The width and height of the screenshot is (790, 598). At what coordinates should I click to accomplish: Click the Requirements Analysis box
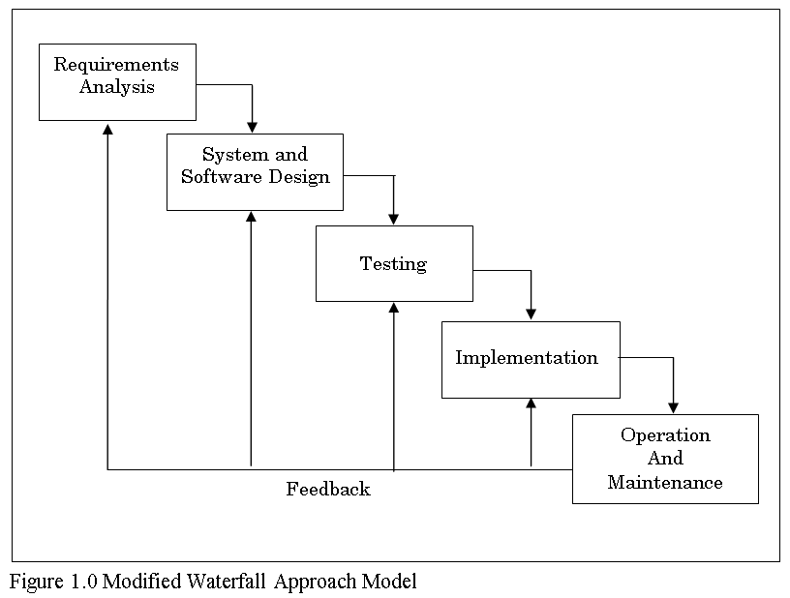[117, 81]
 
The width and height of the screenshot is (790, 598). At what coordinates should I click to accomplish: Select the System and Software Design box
[255, 171]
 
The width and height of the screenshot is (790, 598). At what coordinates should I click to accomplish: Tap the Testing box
[394, 263]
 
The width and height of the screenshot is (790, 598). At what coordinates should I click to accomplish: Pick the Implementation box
[531, 359]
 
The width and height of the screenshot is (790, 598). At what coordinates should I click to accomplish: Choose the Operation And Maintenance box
[665, 459]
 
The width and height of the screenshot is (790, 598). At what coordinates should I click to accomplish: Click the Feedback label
[328, 490]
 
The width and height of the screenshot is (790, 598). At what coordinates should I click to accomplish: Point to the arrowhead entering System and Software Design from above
[253, 127]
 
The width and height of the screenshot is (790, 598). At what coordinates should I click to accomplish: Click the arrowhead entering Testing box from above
[394, 219]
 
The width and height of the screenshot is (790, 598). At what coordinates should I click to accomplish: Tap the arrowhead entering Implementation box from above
[531, 314]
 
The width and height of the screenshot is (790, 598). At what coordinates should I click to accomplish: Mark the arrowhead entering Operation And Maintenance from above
[673, 407]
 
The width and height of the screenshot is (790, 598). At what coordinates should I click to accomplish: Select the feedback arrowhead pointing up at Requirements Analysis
[107, 129]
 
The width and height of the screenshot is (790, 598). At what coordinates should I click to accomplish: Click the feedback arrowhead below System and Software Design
[251, 218]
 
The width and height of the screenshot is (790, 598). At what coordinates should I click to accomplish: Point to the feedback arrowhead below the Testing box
[394, 308]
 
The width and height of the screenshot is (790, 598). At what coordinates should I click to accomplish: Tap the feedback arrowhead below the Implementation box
[531, 404]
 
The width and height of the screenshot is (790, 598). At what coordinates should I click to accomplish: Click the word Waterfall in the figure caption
[230, 583]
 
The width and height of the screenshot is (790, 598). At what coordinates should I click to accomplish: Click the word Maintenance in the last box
[665, 483]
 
